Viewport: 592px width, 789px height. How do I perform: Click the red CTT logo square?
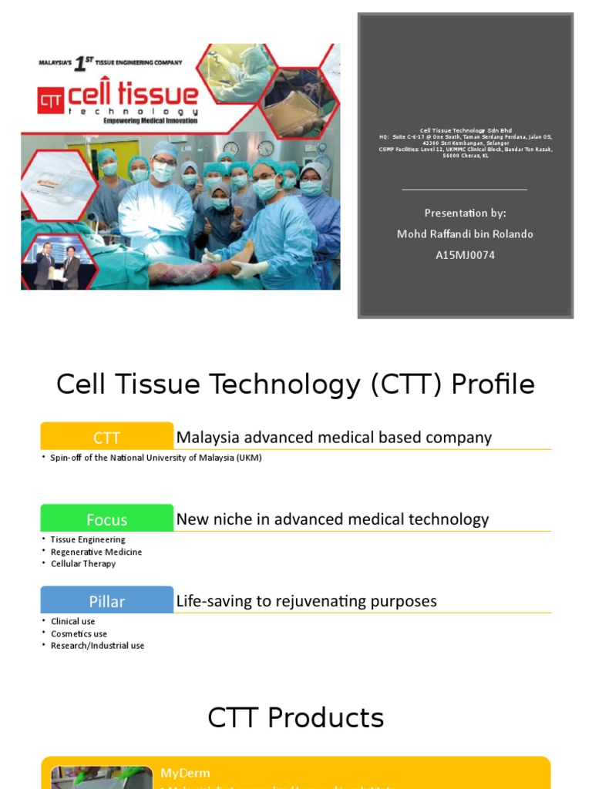52,99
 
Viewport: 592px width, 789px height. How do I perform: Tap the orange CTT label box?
107,438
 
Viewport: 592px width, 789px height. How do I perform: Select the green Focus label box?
107,519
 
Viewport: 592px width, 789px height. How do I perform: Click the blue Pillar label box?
107,601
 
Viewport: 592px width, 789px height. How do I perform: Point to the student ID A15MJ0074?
465,254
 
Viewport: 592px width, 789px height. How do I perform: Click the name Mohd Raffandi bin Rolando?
465,233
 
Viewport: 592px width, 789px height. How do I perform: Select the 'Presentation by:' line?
465,213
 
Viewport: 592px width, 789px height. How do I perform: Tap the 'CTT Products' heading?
296,717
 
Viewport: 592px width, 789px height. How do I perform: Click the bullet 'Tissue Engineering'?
88,539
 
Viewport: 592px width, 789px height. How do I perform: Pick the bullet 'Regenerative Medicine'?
96,552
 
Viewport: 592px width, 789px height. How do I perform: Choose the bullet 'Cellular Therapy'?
83,563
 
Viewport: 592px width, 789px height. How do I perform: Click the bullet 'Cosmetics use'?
79,633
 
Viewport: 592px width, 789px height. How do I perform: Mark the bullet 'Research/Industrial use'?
97,646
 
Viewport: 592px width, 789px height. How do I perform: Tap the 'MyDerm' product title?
185,772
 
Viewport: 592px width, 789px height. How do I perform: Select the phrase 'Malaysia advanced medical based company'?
334,438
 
